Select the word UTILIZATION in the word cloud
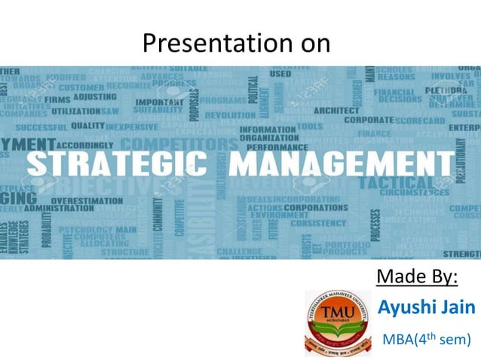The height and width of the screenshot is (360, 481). tap(75, 111)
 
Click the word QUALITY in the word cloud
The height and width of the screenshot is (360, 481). tap(88, 126)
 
